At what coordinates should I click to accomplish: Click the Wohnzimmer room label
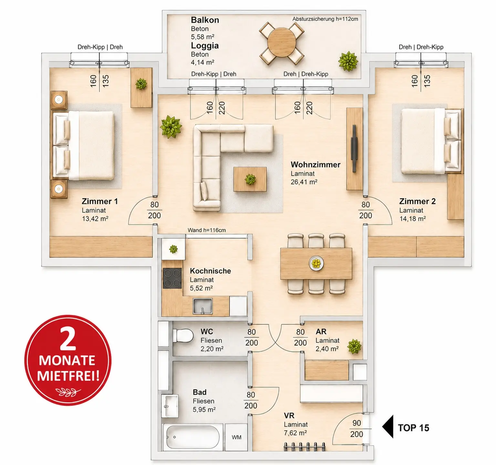pyautogui.click(x=315, y=165)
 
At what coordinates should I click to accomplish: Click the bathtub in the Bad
pyautogui.click(x=193, y=437)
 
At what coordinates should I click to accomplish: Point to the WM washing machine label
pyautogui.click(x=236, y=437)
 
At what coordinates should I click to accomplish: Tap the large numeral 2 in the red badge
pyautogui.click(x=68, y=339)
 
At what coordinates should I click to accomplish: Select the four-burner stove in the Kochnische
pyautogui.click(x=172, y=278)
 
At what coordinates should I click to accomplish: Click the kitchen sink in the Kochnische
pyautogui.click(x=202, y=306)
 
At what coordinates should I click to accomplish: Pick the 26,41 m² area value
pyautogui.click(x=304, y=182)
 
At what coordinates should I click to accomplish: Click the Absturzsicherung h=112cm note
pyautogui.click(x=325, y=19)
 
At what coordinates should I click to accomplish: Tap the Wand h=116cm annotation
pyautogui.click(x=207, y=230)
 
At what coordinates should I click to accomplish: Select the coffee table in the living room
pyautogui.click(x=250, y=179)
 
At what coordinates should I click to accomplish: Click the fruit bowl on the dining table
pyautogui.click(x=316, y=263)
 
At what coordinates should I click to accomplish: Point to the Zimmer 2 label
pyautogui.click(x=417, y=201)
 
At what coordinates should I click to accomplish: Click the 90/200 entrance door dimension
pyautogui.click(x=356, y=428)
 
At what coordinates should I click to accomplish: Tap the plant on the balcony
pyautogui.click(x=348, y=61)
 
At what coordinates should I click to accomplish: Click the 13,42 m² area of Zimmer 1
pyautogui.click(x=95, y=219)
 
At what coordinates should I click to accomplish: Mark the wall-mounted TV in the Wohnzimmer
pyautogui.click(x=354, y=149)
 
